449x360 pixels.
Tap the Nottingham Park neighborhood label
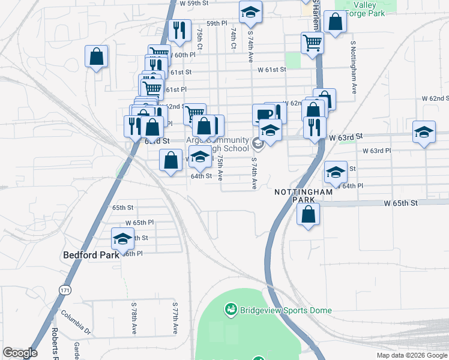303,196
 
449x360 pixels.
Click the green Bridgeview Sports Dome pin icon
229,310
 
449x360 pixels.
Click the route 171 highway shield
64,290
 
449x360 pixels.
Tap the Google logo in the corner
20,353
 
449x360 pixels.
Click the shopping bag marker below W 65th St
308,214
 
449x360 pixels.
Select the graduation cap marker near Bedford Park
122,239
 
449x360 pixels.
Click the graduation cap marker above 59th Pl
250,11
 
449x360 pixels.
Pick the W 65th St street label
401,203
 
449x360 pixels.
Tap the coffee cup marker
263,113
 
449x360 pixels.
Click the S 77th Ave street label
175,318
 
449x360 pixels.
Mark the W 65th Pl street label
140,223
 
